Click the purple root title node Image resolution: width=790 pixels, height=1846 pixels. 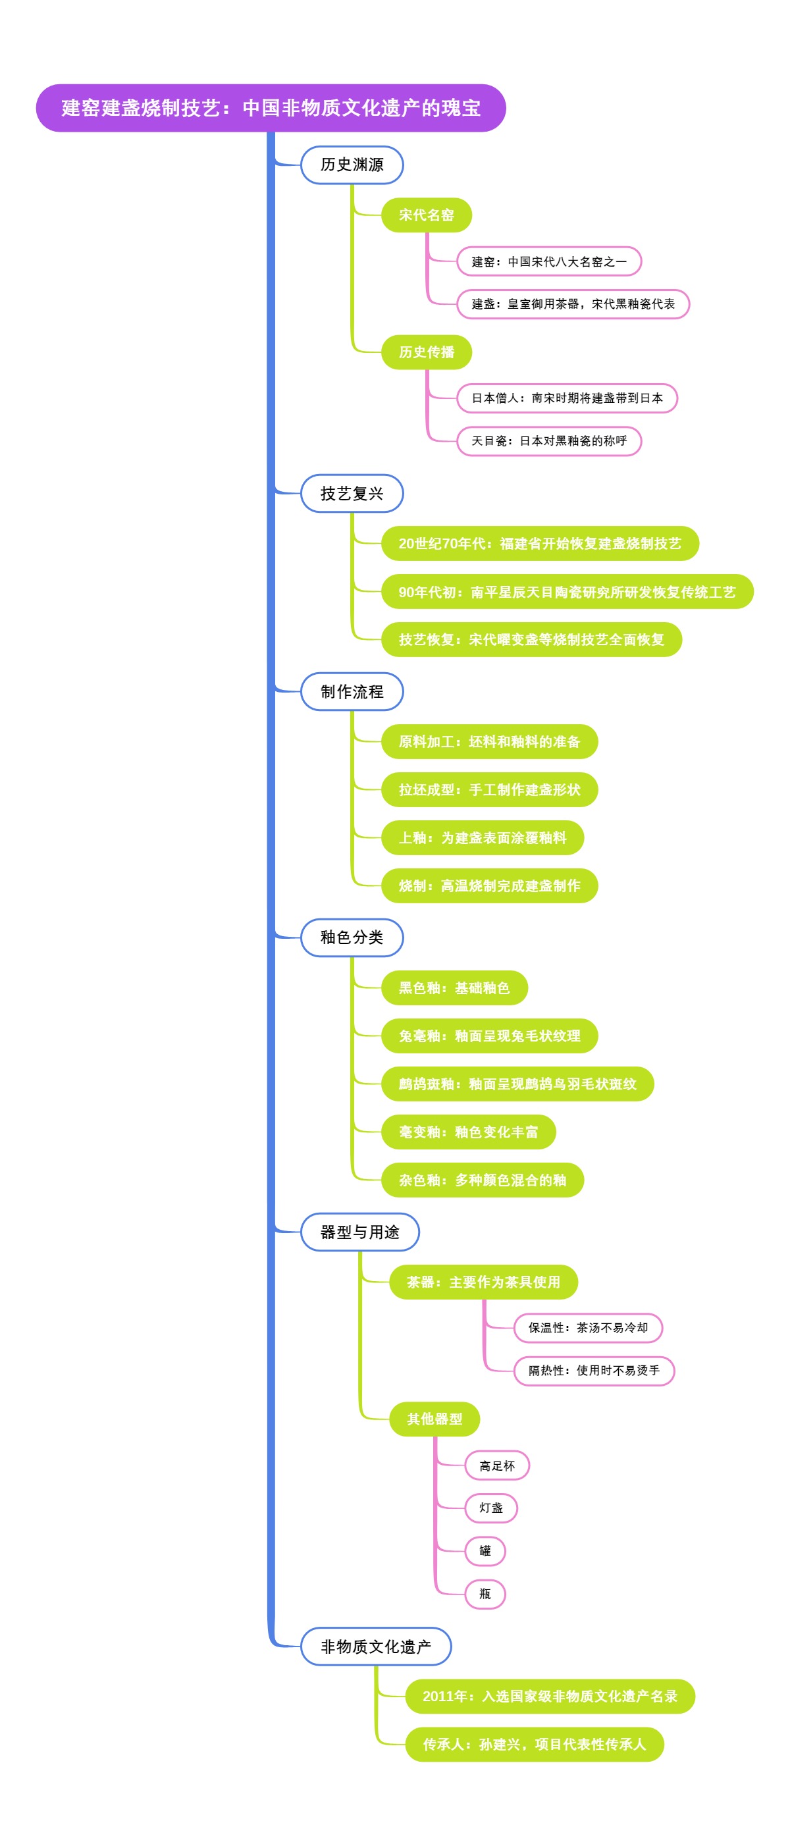[271, 108]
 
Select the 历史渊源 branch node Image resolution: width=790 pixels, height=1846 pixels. [352, 165]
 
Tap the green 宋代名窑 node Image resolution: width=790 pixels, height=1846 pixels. [426, 215]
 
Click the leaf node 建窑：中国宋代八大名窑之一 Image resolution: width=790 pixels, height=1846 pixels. [548, 261]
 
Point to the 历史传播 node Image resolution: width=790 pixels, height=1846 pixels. [426, 352]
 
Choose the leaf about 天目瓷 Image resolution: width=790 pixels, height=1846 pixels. [548, 440]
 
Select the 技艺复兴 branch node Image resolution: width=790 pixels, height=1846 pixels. [352, 493]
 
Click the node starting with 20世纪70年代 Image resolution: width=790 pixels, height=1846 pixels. [539, 543]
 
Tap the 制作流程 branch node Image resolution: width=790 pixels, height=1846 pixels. [352, 691]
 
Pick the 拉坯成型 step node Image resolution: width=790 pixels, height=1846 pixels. [489, 790]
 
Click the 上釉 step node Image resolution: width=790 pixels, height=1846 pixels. [482, 837]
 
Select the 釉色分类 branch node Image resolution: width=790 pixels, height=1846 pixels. [352, 937]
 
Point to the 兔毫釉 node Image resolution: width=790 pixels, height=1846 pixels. [489, 1036]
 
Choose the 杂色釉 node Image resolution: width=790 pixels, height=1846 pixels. [482, 1180]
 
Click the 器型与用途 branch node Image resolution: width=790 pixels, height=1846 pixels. [359, 1232]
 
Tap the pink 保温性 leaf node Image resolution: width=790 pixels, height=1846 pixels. [587, 1328]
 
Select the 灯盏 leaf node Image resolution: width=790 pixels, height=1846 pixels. [490, 1508]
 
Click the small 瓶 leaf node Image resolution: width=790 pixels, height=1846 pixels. [485, 1594]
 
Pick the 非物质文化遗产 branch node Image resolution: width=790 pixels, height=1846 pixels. [375, 1646]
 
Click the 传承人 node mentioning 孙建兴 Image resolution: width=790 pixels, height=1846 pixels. [534, 1744]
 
